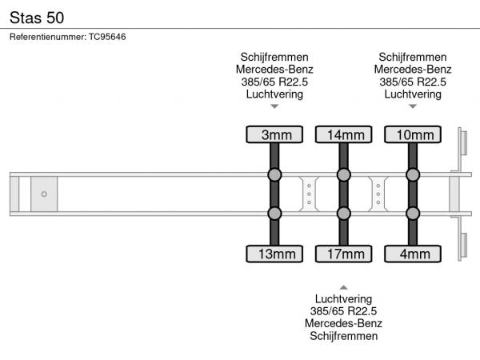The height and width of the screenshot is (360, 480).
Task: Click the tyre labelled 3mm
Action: click(x=274, y=134)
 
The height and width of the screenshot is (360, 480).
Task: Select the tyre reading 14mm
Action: click(x=343, y=134)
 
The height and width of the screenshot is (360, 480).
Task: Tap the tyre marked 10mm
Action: click(x=412, y=134)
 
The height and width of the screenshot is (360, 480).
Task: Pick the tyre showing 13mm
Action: click(x=274, y=254)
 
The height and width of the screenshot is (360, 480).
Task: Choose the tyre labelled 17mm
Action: click(x=343, y=254)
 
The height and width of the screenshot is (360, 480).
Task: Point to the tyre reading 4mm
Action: click(x=412, y=254)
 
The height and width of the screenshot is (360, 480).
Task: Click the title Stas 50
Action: click(x=38, y=17)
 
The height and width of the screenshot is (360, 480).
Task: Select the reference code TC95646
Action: click(x=107, y=37)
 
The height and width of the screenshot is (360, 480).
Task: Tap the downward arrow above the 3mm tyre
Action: click(x=274, y=106)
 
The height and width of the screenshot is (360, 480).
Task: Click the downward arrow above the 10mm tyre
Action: click(x=412, y=106)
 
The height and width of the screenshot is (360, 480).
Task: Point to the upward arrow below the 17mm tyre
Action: click(x=343, y=286)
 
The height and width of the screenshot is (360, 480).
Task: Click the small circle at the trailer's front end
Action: click(x=44, y=194)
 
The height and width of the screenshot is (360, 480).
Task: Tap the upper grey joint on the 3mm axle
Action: click(x=274, y=174)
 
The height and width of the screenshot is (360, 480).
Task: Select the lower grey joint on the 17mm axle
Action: click(x=343, y=214)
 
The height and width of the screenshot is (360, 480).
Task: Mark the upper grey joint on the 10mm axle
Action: click(x=412, y=174)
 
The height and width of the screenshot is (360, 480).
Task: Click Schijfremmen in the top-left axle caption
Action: click(x=274, y=57)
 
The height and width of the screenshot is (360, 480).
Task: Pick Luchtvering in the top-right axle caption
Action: click(x=412, y=94)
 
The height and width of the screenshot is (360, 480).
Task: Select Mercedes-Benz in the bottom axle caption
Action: click(x=343, y=323)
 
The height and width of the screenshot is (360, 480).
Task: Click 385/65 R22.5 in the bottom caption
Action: click(x=343, y=311)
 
